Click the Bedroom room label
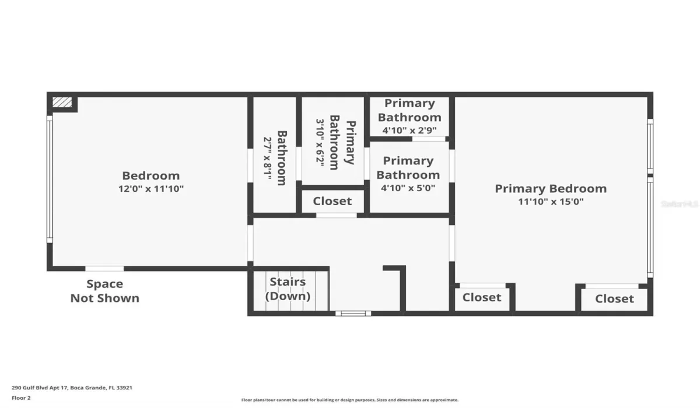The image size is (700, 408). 150,175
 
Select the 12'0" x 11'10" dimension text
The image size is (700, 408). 150,189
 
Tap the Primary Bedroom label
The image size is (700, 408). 550,188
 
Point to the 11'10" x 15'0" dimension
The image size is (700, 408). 550,202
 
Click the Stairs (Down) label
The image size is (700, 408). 288,289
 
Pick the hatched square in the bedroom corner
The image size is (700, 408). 62,103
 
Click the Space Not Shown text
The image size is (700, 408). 105,291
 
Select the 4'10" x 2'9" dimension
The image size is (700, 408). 409,131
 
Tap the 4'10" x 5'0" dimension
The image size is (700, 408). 408,188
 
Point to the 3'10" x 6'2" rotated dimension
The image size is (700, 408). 320,142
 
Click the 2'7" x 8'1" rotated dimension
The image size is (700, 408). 267,157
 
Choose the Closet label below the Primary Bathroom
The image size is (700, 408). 332,201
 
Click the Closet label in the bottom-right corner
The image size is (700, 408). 614,299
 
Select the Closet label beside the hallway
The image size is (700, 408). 482,297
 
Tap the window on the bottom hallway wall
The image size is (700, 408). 353,314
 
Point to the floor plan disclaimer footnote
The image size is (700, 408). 349,400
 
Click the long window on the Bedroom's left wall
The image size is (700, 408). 50,179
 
